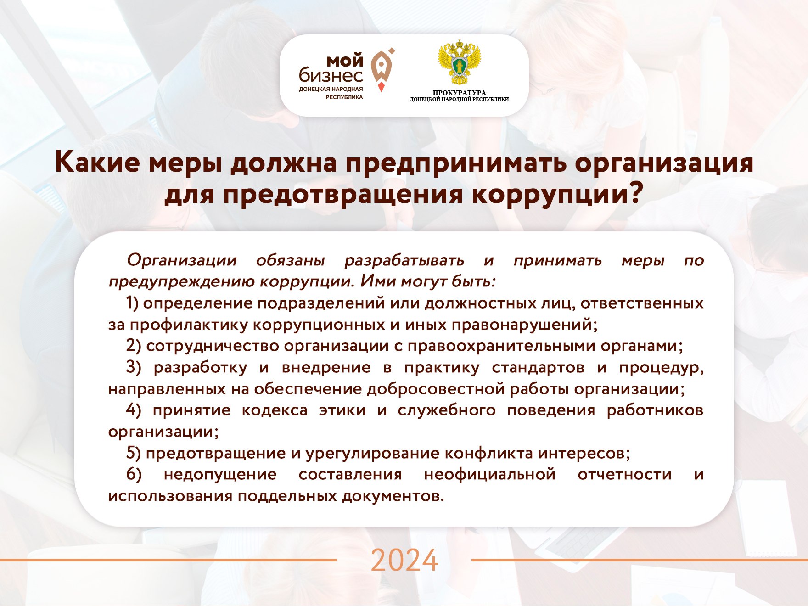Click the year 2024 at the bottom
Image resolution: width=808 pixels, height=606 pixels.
(404, 560)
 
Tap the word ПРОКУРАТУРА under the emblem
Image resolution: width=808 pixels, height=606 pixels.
(459, 93)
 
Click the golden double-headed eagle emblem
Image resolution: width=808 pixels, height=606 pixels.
(459, 63)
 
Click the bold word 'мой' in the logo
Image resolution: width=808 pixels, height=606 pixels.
(344, 61)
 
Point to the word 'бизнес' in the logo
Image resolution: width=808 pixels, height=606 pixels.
(331, 75)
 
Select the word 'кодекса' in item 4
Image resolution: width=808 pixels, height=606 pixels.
(275, 410)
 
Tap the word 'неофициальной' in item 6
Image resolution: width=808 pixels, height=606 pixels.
(490, 475)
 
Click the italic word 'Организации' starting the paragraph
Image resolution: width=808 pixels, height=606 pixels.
(182, 261)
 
